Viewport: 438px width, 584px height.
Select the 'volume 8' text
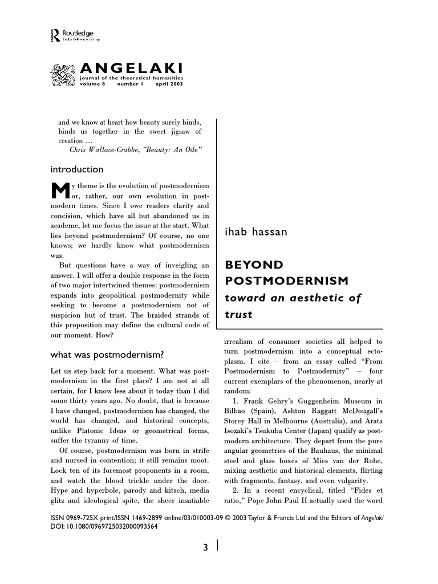(x=92, y=84)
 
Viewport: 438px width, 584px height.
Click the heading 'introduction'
(x=77, y=169)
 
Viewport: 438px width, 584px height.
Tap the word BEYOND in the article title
(x=254, y=265)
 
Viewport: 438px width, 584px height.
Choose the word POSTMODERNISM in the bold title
(x=286, y=281)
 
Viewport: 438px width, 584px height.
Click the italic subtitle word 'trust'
(x=238, y=314)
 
